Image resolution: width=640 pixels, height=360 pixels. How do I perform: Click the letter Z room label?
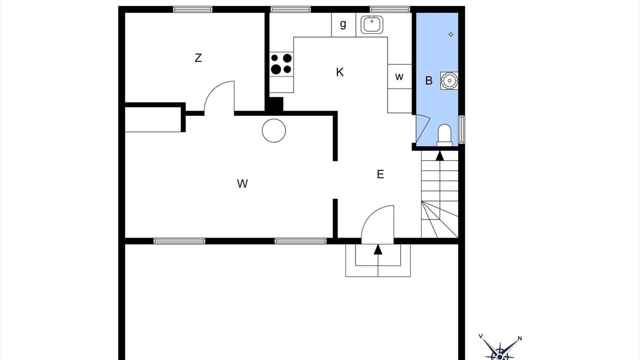coord(198,58)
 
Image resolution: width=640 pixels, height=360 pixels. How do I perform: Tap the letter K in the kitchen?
coord(339,72)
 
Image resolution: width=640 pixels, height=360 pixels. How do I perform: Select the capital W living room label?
coord(242,183)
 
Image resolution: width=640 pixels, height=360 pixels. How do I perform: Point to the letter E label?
coord(380,174)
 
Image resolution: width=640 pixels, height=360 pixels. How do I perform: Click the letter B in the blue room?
coord(428,80)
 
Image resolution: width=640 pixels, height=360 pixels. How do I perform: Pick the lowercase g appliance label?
coord(343,24)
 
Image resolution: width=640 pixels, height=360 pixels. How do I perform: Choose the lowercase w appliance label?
coord(399,76)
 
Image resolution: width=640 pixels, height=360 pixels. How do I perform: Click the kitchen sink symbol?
coord(371,24)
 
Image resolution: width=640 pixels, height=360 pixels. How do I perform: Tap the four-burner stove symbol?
coord(281,64)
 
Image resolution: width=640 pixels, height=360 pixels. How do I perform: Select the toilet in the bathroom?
coord(444,135)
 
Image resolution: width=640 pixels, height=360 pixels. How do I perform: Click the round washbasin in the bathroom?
coord(449,81)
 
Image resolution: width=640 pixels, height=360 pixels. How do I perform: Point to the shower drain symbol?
coord(451,34)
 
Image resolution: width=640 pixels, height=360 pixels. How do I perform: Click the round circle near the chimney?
coord(273,130)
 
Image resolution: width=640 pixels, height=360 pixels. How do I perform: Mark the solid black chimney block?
coord(274,105)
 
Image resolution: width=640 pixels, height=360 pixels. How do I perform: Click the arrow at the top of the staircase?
coord(440,155)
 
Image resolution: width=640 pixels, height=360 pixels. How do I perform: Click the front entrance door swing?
coord(377,224)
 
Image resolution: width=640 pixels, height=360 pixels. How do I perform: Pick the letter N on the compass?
coord(519,338)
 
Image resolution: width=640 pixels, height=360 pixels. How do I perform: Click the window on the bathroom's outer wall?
coord(461,129)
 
